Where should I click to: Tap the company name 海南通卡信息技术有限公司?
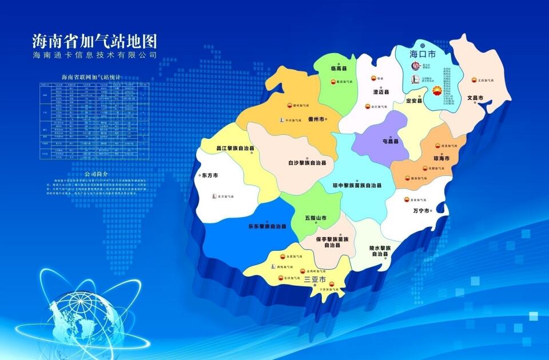click(x=95, y=56)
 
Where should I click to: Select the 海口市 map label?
click(x=423, y=54)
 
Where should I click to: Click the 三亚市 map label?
click(x=315, y=280)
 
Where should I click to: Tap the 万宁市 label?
click(x=421, y=210)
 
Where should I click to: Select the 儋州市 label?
click(x=316, y=119)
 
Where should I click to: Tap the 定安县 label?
click(x=413, y=101)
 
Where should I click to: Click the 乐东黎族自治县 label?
click(x=267, y=226)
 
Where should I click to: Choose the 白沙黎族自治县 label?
click(x=307, y=163)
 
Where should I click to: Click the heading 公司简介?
click(x=96, y=174)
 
